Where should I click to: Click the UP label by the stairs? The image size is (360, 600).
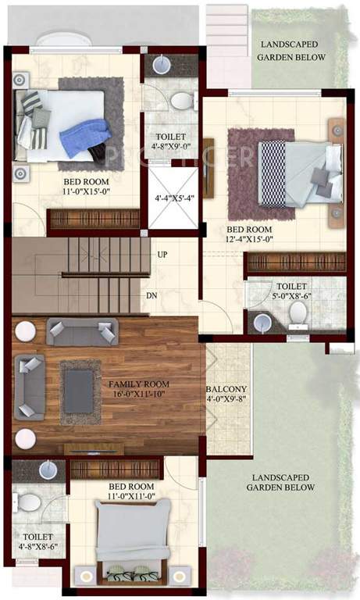click(x=162, y=255)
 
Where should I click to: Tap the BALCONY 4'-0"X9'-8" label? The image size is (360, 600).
click(x=226, y=395)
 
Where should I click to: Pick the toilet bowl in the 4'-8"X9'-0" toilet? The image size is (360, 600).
click(x=183, y=101)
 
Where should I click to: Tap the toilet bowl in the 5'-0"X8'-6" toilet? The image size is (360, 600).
click(x=298, y=313)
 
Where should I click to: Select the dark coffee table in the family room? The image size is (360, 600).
click(x=80, y=391)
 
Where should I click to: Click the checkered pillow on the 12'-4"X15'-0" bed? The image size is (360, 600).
click(x=272, y=163)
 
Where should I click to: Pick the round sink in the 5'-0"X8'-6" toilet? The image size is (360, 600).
click(x=261, y=322)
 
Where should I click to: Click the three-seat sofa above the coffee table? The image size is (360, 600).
click(x=82, y=331)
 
